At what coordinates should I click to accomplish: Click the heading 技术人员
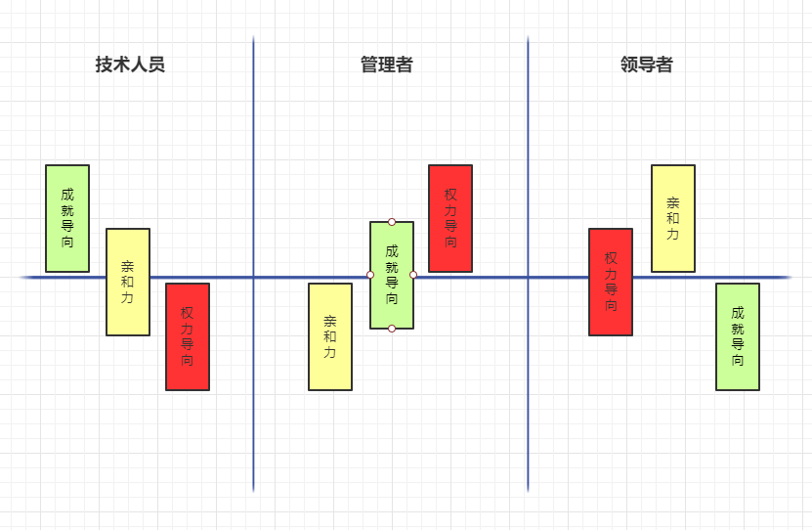(x=130, y=66)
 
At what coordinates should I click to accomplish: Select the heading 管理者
(x=386, y=66)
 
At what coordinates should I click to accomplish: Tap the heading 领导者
(x=646, y=66)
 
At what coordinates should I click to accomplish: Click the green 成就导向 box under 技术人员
(x=66, y=218)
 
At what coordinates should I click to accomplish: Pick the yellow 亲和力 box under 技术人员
(x=128, y=282)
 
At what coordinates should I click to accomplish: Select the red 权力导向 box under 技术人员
(x=188, y=336)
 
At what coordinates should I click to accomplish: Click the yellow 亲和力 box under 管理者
(x=329, y=336)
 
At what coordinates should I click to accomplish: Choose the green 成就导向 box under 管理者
(x=392, y=275)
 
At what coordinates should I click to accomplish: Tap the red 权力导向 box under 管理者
(x=450, y=218)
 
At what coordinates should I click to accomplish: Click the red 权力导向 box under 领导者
(x=611, y=282)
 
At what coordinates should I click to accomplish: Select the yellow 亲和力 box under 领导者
(x=673, y=218)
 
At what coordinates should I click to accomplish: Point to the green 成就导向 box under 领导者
(x=738, y=336)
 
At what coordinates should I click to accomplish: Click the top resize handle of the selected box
(x=392, y=222)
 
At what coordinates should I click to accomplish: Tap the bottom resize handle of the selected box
(x=392, y=329)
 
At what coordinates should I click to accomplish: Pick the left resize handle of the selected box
(x=370, y=275)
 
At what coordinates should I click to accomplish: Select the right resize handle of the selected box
(x=413, y=275)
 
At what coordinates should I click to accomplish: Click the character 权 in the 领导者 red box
(x=611, y=258)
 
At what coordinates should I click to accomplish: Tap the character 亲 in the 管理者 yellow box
(x=329, y=321)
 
